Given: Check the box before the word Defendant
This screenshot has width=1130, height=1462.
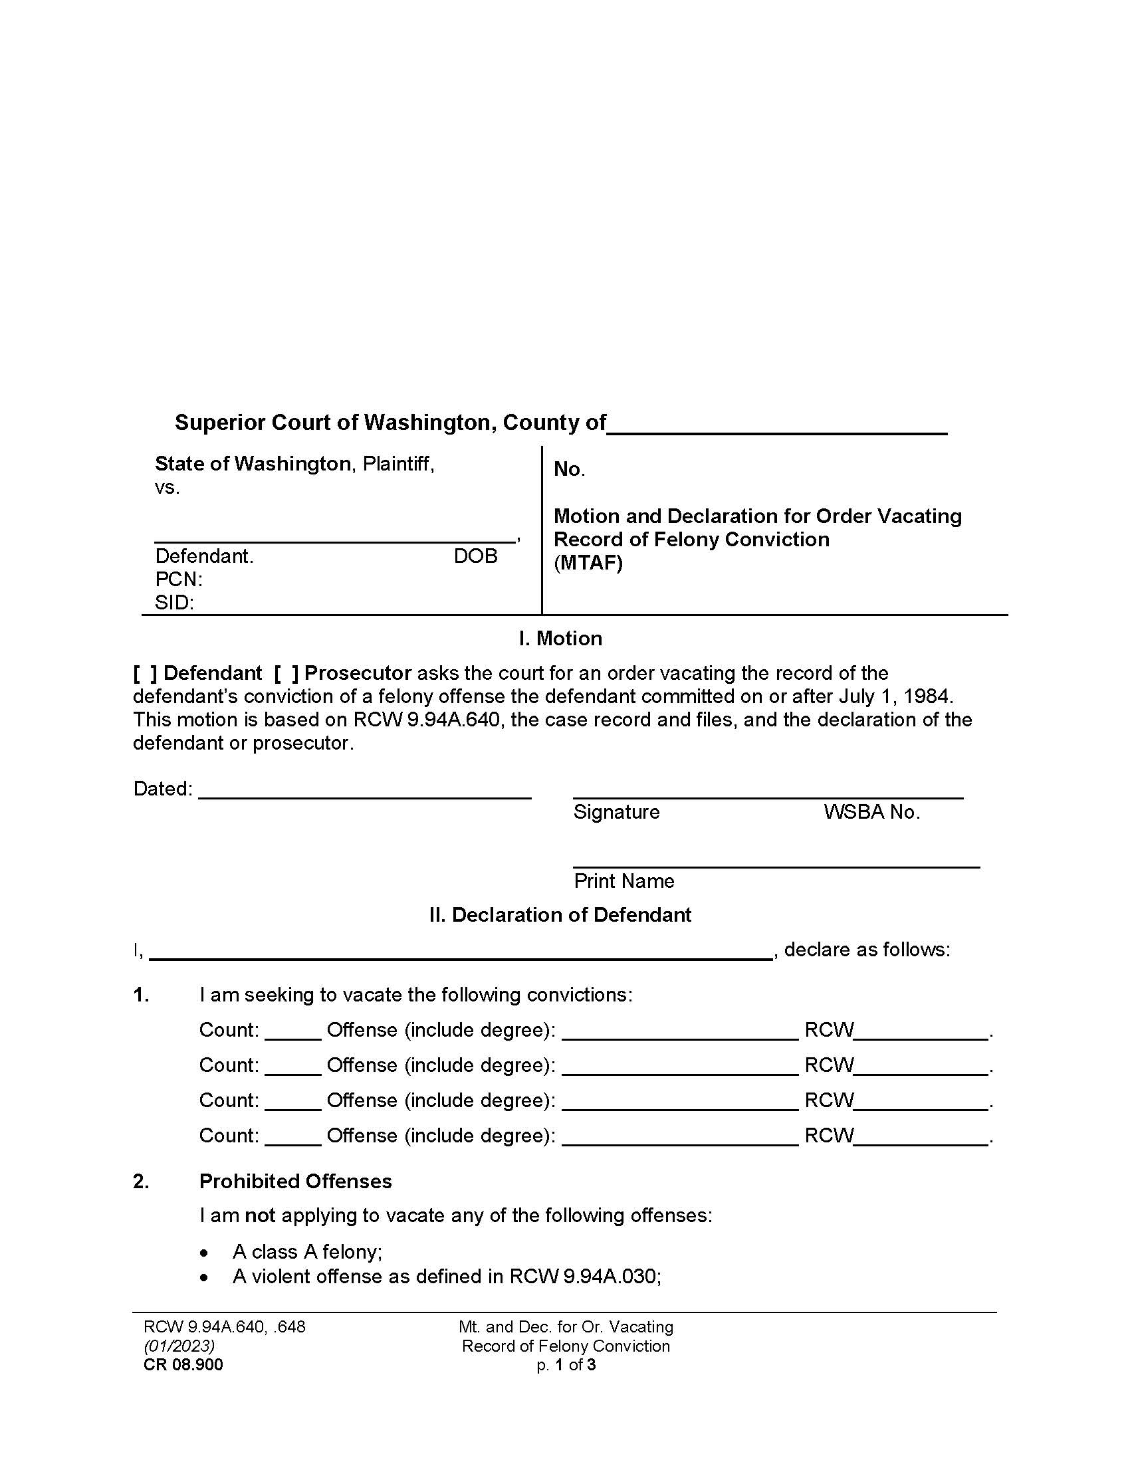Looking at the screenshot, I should coord(145,673).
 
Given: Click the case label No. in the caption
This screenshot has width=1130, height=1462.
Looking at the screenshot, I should coord(569,469).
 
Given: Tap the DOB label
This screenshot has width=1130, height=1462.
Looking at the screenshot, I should coord(475,556).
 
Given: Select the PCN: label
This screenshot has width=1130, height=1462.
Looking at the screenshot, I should coord(179,579).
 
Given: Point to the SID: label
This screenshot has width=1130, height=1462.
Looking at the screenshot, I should coord(174,603).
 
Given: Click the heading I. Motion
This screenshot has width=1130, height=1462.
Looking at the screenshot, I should coord(560,638).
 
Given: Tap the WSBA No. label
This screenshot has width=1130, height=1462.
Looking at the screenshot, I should coord(871,812).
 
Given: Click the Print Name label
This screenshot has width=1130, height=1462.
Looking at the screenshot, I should coord(624,881).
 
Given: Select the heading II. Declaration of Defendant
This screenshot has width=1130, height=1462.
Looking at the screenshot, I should coord(560,914).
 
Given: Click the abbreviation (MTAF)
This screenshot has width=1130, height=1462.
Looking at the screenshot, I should coord(588,563).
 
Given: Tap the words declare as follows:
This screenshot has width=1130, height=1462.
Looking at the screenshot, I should coord(867,949).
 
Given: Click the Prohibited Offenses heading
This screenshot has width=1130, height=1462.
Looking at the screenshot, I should coord(295,1181).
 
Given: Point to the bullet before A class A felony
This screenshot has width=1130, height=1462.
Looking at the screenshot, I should coord(205,1253).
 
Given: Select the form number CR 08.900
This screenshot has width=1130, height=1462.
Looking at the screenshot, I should coord(183,1364).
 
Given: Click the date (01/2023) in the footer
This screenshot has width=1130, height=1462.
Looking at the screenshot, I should coord(179,1346).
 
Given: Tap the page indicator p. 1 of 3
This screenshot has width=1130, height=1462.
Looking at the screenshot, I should coord(566,1364).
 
